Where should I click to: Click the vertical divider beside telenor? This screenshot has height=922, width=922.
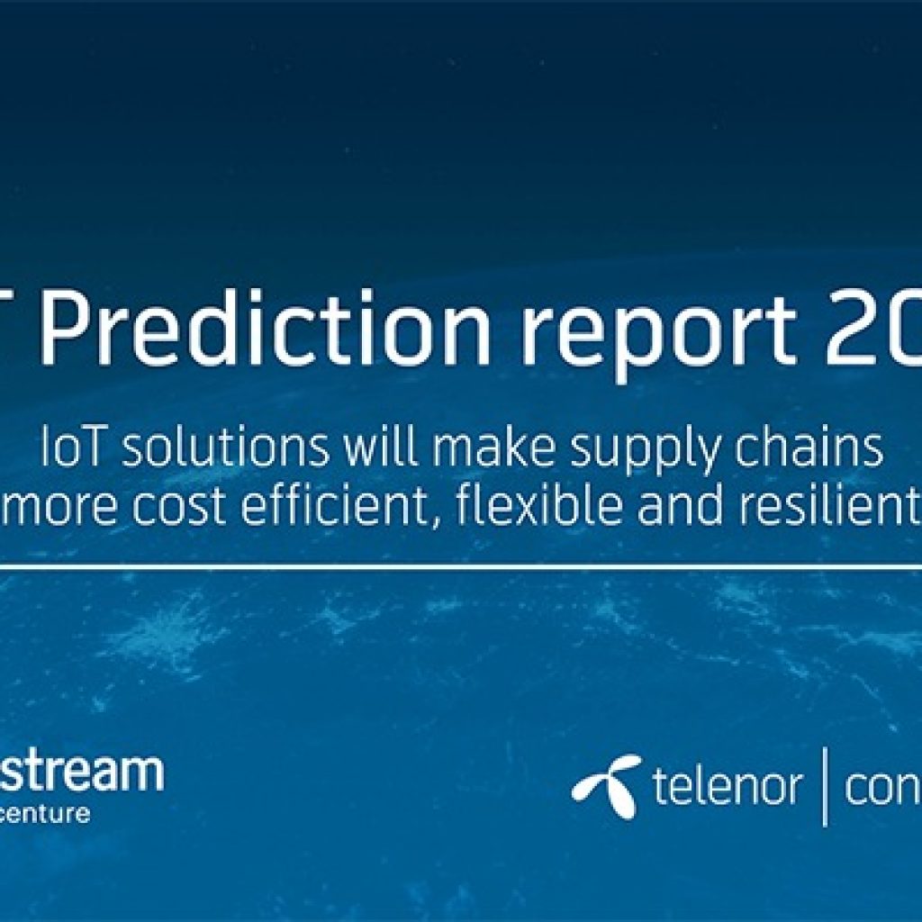(825, 790)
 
